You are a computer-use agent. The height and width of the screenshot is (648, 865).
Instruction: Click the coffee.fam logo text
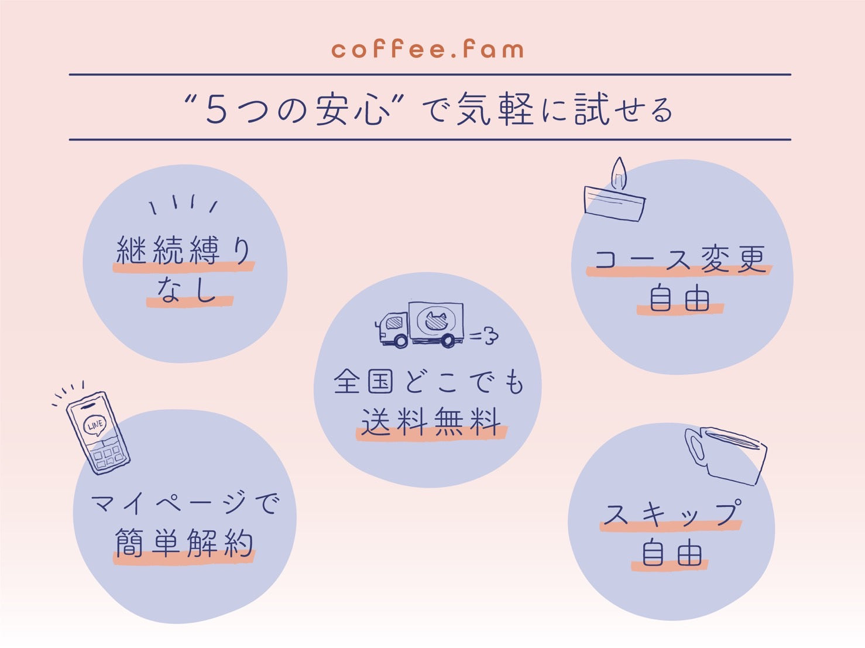pos(427,49)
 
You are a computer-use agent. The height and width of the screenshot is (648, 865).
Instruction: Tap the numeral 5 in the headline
pos(216,109)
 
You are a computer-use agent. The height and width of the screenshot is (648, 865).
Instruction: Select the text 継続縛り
pos(184,251)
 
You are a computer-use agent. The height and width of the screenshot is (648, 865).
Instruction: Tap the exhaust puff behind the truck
pos(485,335)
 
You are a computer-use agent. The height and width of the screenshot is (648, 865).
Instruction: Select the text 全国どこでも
pos(428,382)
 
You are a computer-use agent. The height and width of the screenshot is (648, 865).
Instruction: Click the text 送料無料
pos(431,421)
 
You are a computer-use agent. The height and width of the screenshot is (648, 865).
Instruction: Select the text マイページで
pos(185,503)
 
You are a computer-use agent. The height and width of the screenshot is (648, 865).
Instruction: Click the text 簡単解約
pos(184,544)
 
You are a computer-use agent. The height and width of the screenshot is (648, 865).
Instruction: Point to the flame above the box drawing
pos(619,174)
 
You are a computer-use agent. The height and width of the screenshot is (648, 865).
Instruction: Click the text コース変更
pos(679,259)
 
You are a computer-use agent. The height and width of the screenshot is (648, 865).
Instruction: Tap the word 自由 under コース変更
pos(679,299)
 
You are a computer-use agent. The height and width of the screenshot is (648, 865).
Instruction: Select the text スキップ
pos(672,515)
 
